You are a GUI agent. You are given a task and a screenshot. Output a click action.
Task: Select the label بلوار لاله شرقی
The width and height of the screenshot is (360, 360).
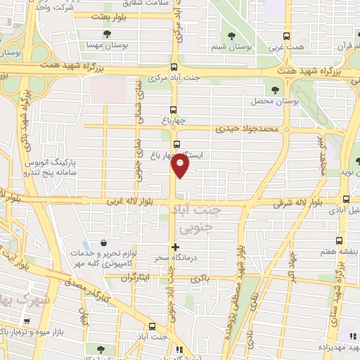(x=297, y=202)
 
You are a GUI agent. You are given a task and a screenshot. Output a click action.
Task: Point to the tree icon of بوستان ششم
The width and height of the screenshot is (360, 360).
(x=230, y=36)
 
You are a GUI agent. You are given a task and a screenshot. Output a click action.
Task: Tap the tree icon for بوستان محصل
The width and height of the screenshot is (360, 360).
(x=275, y=90)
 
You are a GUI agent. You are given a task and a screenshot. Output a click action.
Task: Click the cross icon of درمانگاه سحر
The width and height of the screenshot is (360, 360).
(x=176, y=247)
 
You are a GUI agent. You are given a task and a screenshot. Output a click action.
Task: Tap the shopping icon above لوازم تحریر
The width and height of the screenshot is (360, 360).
(x=105, y=242)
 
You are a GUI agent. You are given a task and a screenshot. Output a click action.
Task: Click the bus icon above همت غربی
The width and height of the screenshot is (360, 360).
(x=285, y=36)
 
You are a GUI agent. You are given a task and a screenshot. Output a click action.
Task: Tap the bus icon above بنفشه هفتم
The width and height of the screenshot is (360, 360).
(x=340, y=241)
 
